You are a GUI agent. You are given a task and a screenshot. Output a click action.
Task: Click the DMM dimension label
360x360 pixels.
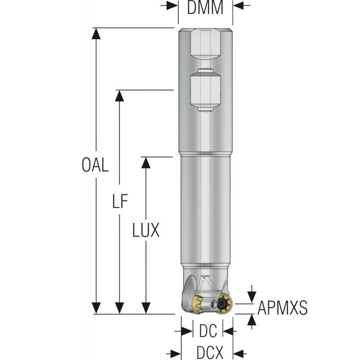pyautogui.click(x=205, y=8)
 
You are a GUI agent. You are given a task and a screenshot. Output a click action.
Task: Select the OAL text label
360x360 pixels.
pyautogui.click(x=95, y=166)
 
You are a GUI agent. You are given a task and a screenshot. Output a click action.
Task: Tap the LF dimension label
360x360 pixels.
pyautogui.click(x=120, y=202)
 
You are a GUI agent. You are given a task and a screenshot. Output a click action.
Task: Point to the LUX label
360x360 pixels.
pyautogui.click(x=146, y=231)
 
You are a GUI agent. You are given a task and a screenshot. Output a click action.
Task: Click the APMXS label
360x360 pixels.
pyautogui.click(x=282, y=308)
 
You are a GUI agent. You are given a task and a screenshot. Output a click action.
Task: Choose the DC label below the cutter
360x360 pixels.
pyautogui.click(x=207, y=332)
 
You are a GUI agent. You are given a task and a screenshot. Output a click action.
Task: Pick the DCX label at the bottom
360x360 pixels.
pyautogui.click(x=210, y=352)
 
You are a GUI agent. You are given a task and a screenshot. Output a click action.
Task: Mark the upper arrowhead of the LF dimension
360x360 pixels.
pyautogui.click(x=119, y=96)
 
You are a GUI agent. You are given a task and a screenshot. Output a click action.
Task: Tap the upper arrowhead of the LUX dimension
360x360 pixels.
pyautogui.click(x=145, y=162)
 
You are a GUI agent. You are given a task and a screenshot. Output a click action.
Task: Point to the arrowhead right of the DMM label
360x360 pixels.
pyautogui.click(x=238, y=5)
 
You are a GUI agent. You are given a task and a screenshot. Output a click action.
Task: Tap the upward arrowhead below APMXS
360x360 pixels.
pyautogui.click(x=252, y=319)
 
